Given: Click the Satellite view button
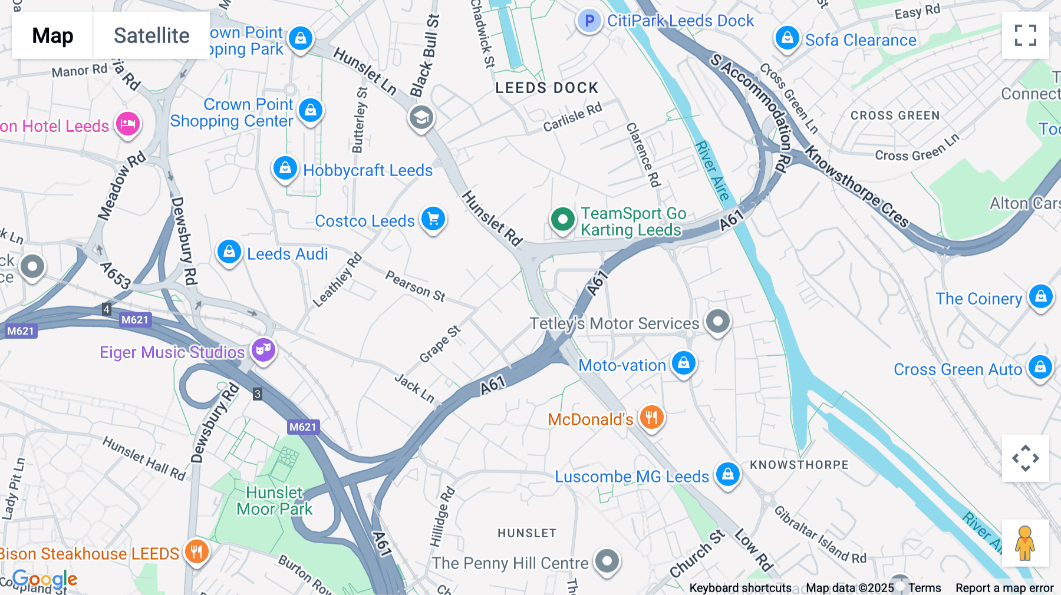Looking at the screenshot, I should tap(151, 35).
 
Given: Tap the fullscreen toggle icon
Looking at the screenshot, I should tap(1025, 35).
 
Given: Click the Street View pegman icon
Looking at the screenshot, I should tap(1025, 543).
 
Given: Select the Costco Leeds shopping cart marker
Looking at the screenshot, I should tap(433, 219).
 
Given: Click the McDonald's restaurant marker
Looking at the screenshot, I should tap(651, 418).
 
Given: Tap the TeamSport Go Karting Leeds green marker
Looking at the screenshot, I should tap(562, 220).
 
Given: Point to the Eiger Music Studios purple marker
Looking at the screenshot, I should tap(263, 350).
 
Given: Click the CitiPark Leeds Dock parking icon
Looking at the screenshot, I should tap(588, 21).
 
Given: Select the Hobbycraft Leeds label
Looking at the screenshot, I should tap(368, 170).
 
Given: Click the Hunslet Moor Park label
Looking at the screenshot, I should tap(275, 501).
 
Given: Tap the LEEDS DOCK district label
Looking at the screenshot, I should tap(546, 88).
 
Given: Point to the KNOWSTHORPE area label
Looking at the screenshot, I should tap(799, 465).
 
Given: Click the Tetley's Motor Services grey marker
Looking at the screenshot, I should tap(717, 322).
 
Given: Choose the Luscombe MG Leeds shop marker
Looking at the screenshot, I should tap(727, 474).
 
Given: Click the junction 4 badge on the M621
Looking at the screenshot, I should tap(107, 309).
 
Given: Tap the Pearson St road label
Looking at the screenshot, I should tap(415, 286).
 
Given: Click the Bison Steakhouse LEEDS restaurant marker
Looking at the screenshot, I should tap(196, 551).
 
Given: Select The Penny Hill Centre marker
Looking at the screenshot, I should tap(607, 561).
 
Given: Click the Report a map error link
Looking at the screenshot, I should tap(1004, 588).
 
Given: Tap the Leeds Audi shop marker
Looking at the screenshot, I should tap(229, 252).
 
